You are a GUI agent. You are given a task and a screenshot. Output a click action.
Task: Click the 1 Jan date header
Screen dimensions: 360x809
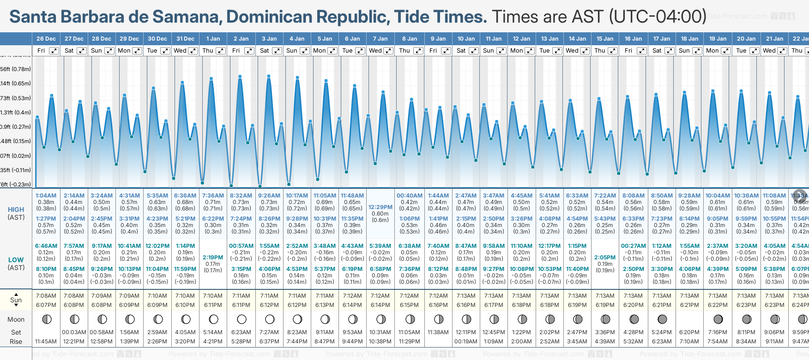(x=213, y=39)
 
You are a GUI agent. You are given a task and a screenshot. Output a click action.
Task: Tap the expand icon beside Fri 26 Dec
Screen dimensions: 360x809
(x=54, y=51)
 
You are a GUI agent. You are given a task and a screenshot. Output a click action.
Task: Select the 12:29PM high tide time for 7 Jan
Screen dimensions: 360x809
(x=380, y=207)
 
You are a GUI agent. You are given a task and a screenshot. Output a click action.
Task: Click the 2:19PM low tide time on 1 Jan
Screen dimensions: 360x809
(x=213, y=258)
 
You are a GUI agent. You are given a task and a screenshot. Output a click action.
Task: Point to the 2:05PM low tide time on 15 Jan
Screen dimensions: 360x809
(x=605, y=258)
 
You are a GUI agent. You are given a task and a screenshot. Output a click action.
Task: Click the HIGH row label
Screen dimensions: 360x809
(x=16, y=210)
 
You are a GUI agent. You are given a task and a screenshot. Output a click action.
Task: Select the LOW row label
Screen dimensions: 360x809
(x=16, y=260)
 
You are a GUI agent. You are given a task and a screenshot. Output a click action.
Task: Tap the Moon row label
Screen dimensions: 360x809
(x=16, y=319)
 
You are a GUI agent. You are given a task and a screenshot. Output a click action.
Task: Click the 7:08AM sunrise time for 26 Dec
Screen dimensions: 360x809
(x=46, y=296)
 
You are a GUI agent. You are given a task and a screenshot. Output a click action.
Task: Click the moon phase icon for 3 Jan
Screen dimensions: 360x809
(x=270, y=319)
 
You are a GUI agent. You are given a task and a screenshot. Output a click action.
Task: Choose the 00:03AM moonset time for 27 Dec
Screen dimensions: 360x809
(x=74, y=332)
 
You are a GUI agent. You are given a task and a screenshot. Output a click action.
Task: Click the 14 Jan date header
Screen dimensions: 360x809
(x=578, y=39)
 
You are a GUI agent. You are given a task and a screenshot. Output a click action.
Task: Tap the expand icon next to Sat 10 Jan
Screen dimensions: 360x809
(x=473, y=51)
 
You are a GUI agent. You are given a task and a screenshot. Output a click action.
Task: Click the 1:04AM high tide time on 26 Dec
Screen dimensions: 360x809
(x=46, y=196)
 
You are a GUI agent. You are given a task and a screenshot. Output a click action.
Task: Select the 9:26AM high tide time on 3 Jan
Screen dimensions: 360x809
(x=269, y=196)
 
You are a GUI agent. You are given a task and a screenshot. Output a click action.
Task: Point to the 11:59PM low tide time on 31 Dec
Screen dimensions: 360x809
(x=185, y=269)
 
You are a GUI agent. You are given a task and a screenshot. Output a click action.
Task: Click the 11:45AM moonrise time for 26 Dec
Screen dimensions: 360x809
(x=46, y=342)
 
